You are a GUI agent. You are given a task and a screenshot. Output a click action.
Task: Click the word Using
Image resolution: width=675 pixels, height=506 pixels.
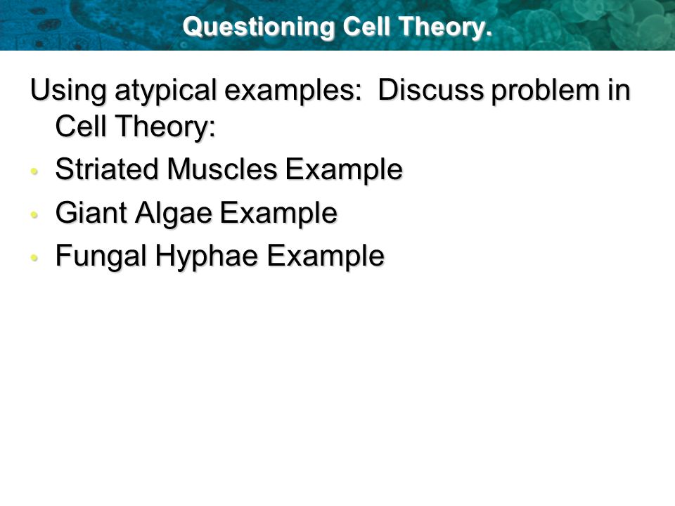tap(68, 91)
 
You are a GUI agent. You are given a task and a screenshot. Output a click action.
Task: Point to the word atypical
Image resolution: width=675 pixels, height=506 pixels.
tap(166, 91)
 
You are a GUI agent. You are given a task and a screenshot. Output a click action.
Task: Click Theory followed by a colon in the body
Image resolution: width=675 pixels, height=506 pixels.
tap(165, 127)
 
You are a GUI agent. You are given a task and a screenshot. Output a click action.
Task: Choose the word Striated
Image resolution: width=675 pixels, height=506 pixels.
tap(107, 169)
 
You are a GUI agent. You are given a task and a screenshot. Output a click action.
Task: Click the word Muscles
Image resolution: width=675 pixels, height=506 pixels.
tap(222, 169)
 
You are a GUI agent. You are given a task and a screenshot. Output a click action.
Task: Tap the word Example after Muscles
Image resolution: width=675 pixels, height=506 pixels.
tap(344, 170)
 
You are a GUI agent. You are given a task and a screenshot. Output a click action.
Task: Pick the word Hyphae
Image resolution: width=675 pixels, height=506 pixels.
tap(207, 257)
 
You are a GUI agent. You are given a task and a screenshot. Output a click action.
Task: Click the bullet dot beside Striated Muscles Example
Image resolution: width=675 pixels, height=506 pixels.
tap(34, 171)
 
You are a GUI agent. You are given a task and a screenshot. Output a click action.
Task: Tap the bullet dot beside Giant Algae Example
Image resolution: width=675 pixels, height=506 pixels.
tap(34, 214)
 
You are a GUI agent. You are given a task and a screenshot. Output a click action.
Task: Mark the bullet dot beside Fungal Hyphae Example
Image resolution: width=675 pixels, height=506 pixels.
tap(34, 258)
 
